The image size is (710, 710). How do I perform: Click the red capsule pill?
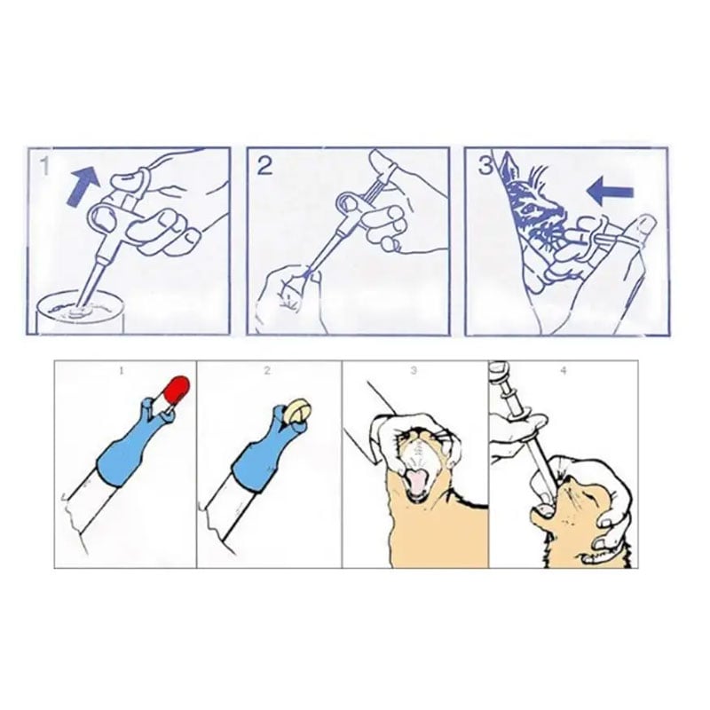[176, 389]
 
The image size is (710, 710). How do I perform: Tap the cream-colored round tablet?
[298, 410]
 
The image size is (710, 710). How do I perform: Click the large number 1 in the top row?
[44, 166]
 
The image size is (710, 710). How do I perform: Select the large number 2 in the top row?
[264, 165]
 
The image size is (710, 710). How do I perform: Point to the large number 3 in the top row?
[485, 166]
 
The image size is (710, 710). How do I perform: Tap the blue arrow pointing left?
[610, 192]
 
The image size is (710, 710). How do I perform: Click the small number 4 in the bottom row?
[564, 370]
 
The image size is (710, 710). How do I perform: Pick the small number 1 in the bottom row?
[122, 371]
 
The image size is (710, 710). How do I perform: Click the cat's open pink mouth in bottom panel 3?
[417, 483]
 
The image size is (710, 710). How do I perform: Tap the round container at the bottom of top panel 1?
[80, 313]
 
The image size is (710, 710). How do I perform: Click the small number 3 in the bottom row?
[414, 370]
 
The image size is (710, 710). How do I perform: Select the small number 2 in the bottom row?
[267, 371]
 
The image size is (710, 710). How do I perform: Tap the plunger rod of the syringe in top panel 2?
[374, 186]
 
